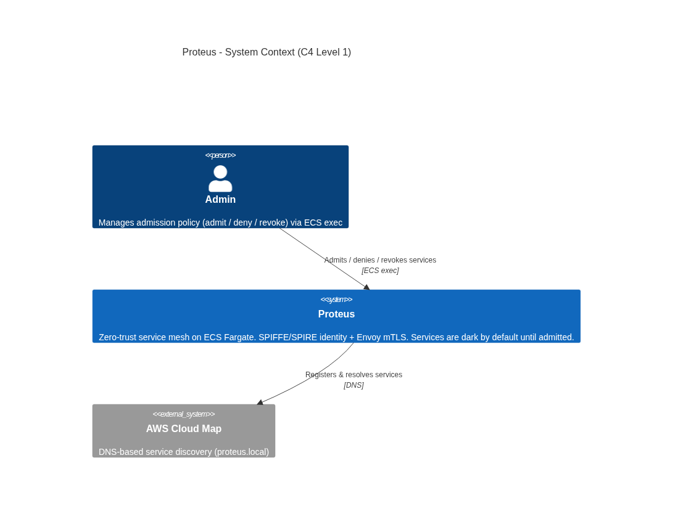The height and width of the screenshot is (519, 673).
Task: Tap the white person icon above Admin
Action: [220, 178]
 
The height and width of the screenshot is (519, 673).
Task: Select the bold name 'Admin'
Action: [220, 200]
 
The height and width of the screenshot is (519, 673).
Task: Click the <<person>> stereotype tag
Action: [220, 155]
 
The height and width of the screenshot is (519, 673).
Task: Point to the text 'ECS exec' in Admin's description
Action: [323, 223]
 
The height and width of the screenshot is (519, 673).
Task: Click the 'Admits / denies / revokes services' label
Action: [380, 260]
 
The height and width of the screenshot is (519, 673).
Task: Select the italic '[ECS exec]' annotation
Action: [380, 271]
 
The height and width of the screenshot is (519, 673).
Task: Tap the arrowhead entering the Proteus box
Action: [366, 287]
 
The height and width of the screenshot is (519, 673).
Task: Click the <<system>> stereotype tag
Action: [337, 300]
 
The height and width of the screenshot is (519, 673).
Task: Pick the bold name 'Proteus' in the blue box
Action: [337, 314]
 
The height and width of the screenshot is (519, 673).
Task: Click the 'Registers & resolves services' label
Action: [353, 374]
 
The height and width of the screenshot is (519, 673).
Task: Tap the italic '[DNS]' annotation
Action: [353, 385]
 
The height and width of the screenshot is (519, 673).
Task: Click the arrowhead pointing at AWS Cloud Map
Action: [260, 403]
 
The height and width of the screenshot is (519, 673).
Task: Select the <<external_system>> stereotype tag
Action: [184, 414]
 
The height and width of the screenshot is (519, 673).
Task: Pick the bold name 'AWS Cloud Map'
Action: [184, 428]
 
